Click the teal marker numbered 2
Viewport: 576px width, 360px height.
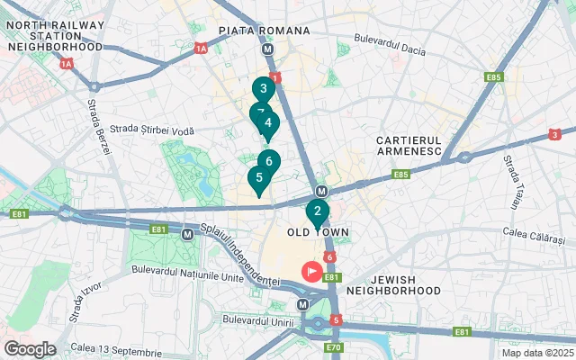click(x=317, y=212)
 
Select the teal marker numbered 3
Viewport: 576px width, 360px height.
click(x=263, y=89)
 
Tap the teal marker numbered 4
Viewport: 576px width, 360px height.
click(x=268, y=123)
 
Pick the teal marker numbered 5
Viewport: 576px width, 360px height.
click(x=258, y=178)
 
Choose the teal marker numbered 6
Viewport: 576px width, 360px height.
click(x=269, y=162)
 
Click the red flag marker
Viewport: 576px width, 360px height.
click(x=314, y=269)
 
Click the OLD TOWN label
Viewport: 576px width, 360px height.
click(x=317, y=232)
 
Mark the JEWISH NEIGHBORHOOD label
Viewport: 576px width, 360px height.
click(x=393, y=285)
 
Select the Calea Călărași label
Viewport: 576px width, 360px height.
click(x=532, y=238)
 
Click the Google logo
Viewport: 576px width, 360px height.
click(x=30, y=348)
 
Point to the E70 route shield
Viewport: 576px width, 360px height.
click(x=334, y=347)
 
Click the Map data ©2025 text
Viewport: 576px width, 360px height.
click(x=536, y=352)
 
